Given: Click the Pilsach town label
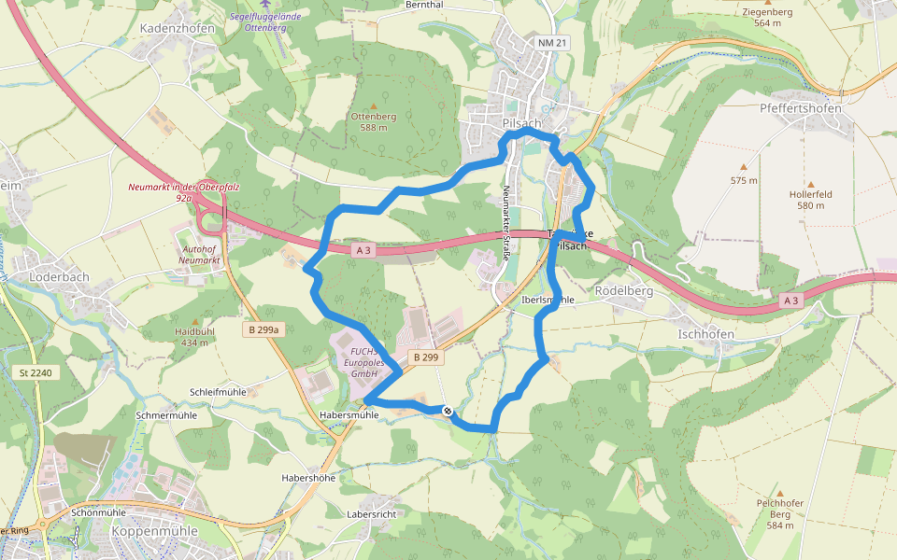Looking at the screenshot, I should point(521,123).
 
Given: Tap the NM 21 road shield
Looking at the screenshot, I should point(552,43).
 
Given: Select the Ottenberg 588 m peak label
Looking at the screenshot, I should point(373,121).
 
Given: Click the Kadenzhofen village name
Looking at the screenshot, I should point(177,29).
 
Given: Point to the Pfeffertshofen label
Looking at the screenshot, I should point(801,108).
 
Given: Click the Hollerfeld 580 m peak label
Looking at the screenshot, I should point(809,200).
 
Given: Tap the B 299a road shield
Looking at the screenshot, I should point(263,329).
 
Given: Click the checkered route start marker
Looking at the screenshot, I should point(448,410).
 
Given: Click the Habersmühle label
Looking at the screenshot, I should point(349,415).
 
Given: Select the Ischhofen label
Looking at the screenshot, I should point(706,333).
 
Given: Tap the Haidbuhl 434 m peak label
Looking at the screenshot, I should point(195,337).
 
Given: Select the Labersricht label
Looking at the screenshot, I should point(372,514).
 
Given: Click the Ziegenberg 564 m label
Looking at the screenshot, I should point(766,17).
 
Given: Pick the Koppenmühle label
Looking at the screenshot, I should point(154,531).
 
